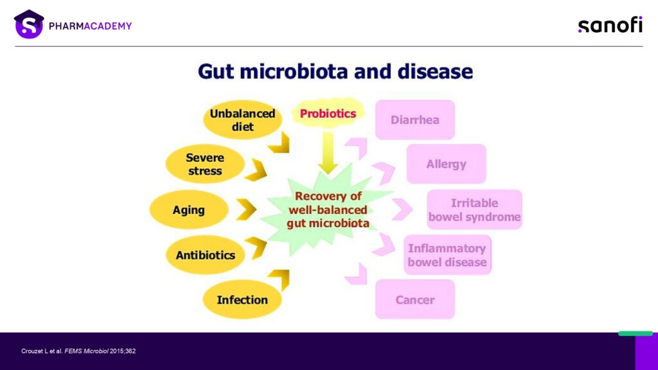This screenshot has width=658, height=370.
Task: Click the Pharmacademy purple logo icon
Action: (x=29, y=24)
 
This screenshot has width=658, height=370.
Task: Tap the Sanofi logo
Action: (x=610, y=25)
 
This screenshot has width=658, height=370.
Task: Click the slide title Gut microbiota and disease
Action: (x=335, y=71)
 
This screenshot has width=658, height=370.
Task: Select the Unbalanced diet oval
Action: (x=242, y=120)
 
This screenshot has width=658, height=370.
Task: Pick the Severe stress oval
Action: (x=205, y=164)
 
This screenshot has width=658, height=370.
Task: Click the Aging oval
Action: (x=189, y=210)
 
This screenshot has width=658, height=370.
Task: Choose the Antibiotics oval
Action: (x=205, y=255)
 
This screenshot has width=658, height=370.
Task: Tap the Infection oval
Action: (x=242, y=299)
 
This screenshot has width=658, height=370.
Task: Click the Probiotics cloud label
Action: (x=328, y=113)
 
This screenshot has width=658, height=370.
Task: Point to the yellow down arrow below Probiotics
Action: (x=328, y=153)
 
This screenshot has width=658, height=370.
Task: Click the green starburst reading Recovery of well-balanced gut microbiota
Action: (x=328, y=210)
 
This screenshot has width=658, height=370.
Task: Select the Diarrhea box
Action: (x=415, y=120)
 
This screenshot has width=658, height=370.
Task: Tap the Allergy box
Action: (x=446, y=164)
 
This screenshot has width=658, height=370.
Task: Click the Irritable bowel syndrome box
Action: (x=475, y=210)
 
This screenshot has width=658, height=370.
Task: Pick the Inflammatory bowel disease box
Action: (x=447, y=255)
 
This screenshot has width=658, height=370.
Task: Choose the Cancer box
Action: (x=415, y=299)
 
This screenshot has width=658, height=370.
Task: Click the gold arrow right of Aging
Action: (x=247, y=209)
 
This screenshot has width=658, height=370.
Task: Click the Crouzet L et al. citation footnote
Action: (x=78, y=351)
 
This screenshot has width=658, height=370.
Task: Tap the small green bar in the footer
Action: (x=636, y=333)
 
